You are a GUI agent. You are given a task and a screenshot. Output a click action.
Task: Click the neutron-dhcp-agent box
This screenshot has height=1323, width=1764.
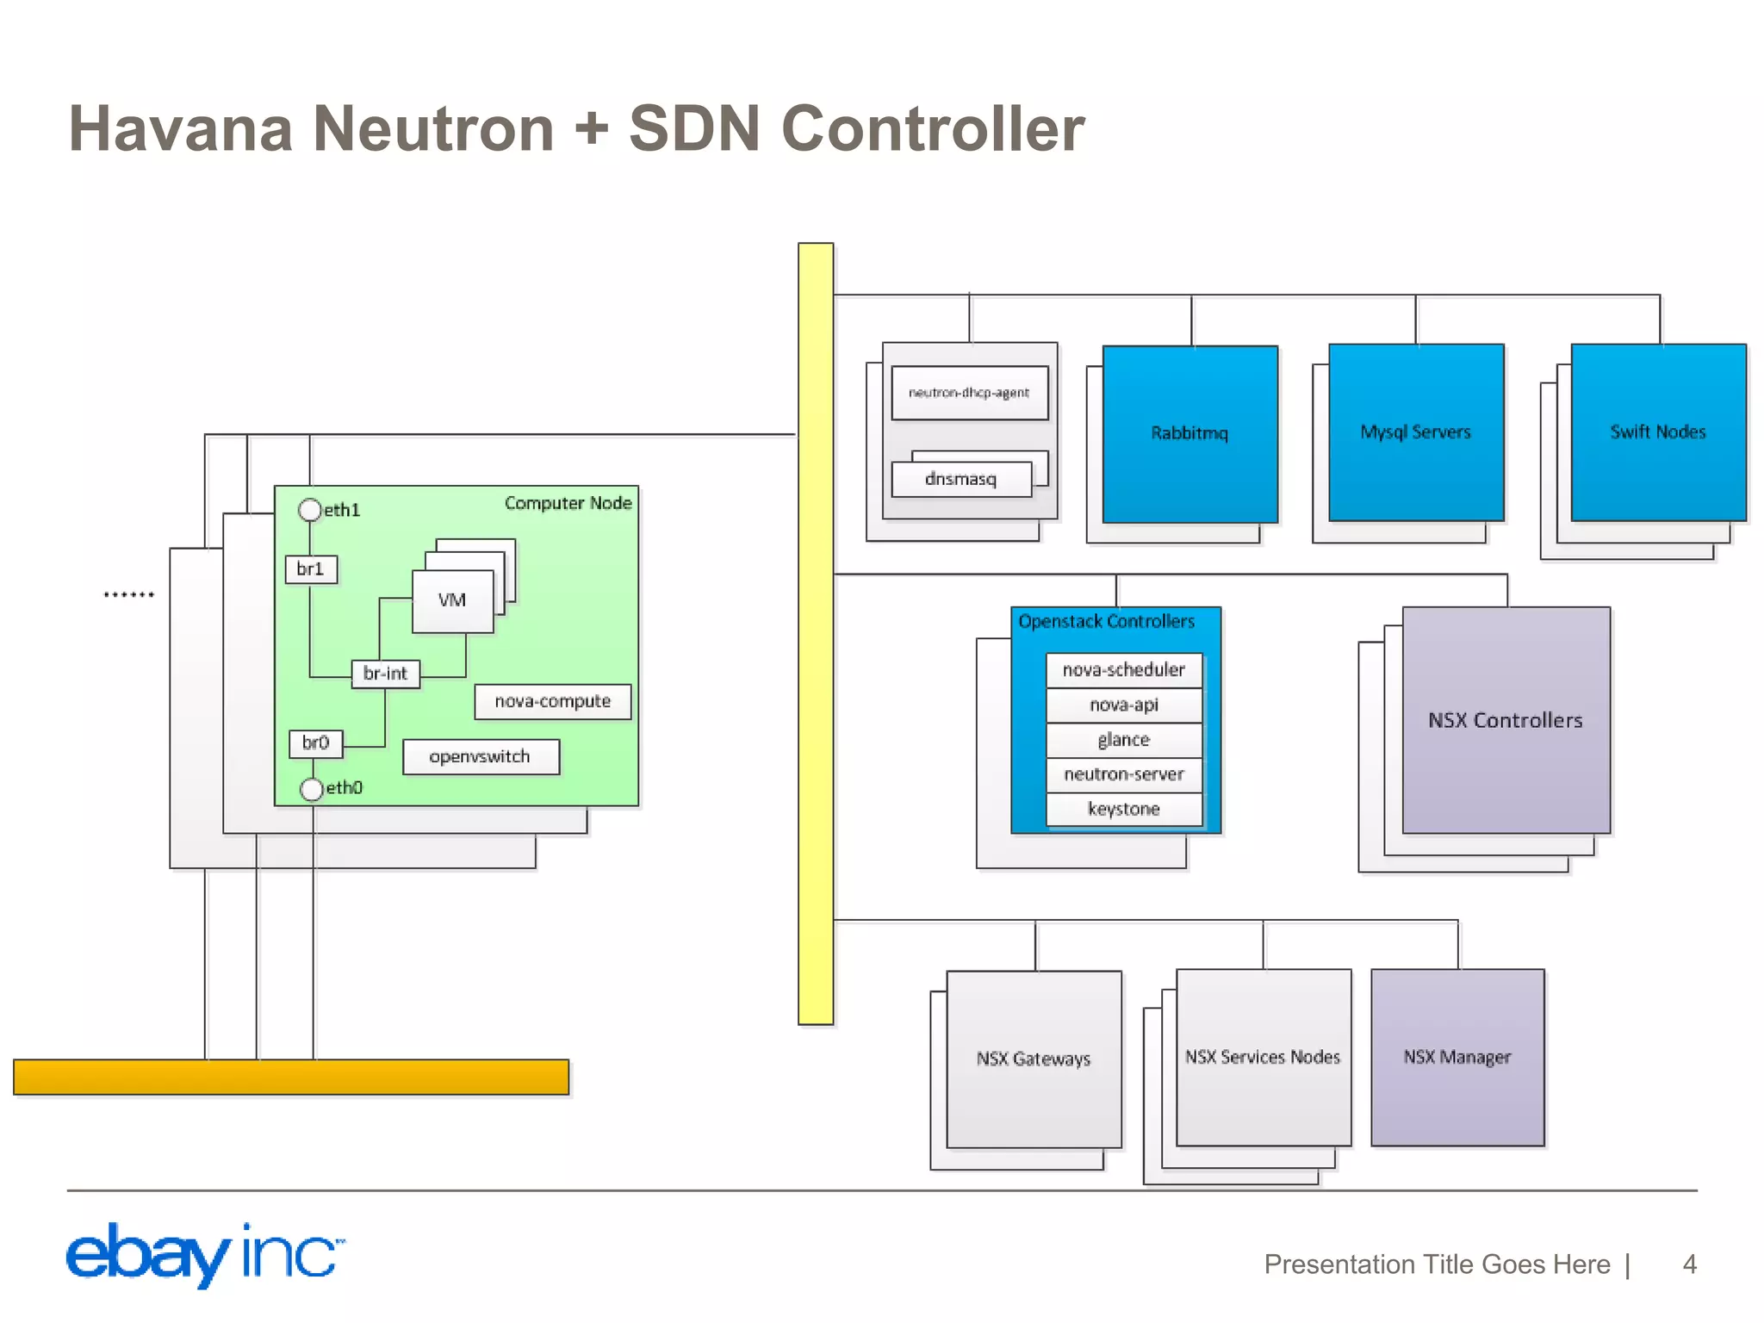click(969, 393)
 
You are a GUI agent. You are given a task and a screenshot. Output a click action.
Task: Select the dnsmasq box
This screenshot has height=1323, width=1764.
click(960, 479)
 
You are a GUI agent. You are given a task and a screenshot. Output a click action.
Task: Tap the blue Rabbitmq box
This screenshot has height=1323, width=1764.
click(1189, 433)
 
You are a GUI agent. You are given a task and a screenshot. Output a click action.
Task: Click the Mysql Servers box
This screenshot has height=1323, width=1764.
click(1415, 432)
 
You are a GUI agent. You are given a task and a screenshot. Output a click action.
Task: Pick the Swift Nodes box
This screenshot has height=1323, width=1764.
click(1658, 432)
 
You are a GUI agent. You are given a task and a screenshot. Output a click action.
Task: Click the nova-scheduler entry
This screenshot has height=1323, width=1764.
click(1123, 670)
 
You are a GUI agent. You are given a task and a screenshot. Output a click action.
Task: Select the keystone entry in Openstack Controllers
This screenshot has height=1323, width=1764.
click(1123, 809)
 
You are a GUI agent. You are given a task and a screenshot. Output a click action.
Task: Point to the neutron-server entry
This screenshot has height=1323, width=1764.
click(1123, 774)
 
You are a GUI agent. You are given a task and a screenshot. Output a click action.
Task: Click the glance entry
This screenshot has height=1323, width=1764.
click(1123, 740)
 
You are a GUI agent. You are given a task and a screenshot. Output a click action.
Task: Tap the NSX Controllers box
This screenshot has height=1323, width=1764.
click(1506, 720)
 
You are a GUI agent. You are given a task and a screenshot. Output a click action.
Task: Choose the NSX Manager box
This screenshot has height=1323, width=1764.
click(1457, 1057)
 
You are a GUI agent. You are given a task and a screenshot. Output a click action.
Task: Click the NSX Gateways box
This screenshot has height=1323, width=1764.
click(1034, 1059)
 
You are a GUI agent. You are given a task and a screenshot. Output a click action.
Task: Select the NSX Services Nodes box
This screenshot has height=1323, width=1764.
click(1263, 1057)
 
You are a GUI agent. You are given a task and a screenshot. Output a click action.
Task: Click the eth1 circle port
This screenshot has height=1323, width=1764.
click(309, 510)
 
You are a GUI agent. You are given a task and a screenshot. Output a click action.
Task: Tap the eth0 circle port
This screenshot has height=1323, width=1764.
click(311, 788)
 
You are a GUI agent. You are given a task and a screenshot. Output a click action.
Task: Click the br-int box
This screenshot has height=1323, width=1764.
click(385, 674)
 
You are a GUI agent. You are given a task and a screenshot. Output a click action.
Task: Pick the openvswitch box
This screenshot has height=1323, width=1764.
click(481, 757)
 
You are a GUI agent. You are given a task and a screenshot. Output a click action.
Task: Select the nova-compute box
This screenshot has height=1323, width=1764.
click(552, 701)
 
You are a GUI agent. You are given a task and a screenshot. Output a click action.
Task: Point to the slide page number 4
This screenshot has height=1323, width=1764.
click(1689, 1264)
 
